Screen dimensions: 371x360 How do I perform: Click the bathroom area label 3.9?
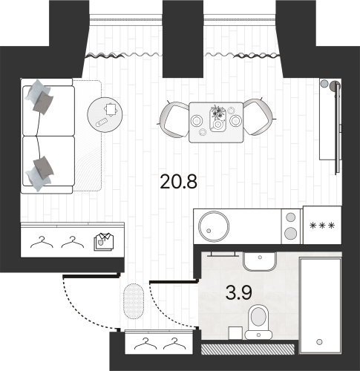click(238, 293)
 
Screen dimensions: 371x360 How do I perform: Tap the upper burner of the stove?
click(289, 217)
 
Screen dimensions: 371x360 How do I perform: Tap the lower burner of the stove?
click(289, 234)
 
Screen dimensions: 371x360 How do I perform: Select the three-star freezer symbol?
click(321, 226)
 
